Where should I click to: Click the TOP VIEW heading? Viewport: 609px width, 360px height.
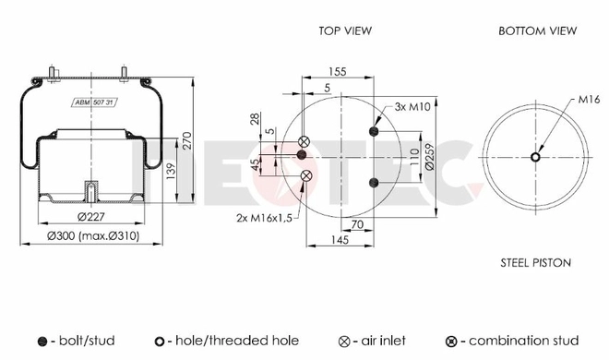345,30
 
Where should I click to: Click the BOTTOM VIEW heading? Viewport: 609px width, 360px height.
538,30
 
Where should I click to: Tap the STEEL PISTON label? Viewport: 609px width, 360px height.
535,263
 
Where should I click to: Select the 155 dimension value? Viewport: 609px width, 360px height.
337,71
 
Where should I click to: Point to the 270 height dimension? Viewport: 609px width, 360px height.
187,140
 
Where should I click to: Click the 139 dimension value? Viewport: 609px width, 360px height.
171,172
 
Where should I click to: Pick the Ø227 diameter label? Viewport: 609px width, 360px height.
91,216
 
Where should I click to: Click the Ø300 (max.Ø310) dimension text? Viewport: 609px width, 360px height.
93,235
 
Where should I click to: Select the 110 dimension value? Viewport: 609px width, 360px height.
414,157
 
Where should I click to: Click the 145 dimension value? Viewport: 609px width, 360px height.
340,240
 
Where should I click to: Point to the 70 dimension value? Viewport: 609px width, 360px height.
356,224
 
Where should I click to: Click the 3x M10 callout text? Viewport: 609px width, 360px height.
412,106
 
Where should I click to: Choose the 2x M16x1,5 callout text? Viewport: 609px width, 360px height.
264,218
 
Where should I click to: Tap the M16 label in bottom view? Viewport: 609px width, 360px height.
589,99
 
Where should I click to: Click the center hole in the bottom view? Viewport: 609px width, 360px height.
535,157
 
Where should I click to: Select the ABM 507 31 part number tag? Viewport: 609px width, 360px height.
94,102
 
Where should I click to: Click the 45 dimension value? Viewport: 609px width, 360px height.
255,164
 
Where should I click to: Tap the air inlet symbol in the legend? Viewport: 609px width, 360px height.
344,342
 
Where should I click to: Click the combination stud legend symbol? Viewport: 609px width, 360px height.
451,342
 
